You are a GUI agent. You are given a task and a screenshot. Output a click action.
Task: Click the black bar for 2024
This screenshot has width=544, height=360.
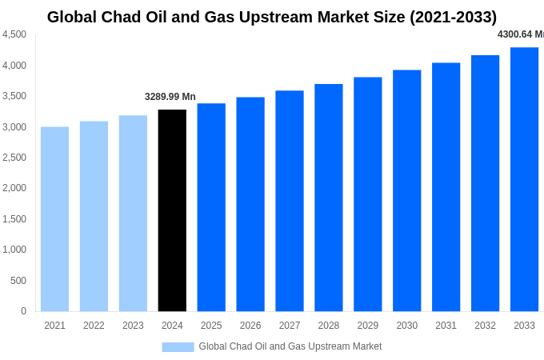(172, 210)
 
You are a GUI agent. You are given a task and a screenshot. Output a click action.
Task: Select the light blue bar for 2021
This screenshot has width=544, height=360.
(54, 219)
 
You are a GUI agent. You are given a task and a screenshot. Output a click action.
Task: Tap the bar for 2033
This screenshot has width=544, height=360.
(524, 179)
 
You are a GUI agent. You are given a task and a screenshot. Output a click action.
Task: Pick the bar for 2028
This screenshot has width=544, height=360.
(328, 198)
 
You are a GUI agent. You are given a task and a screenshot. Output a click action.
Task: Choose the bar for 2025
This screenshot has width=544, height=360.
(211, 207)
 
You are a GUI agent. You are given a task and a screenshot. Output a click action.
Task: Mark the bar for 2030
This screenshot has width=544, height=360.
(406, 190)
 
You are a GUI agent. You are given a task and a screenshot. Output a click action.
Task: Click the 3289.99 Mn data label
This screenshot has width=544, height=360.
(170, 97)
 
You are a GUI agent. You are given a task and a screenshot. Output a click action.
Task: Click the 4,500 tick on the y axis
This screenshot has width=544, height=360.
(14, 34)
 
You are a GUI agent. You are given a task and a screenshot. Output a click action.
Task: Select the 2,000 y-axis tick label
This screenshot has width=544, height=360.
(14, 188)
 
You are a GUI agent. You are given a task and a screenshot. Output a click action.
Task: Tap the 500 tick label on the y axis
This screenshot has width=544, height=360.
(18, 281)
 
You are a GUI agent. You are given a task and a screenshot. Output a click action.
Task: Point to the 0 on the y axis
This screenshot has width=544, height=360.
(23, 311)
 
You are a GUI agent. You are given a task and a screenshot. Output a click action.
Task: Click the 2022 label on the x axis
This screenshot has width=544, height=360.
(94, 326)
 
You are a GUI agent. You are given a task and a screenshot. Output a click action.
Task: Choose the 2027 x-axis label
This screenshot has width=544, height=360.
(290, 326)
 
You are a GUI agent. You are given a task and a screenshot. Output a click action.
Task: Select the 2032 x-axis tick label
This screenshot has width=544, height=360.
(485, 326)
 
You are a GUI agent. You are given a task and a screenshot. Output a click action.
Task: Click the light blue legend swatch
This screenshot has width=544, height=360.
(178, 346)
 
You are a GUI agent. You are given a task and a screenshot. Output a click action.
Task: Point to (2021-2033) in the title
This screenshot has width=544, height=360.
(453, 17)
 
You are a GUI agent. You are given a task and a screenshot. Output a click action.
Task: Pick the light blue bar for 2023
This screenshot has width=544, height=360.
(133, 214)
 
